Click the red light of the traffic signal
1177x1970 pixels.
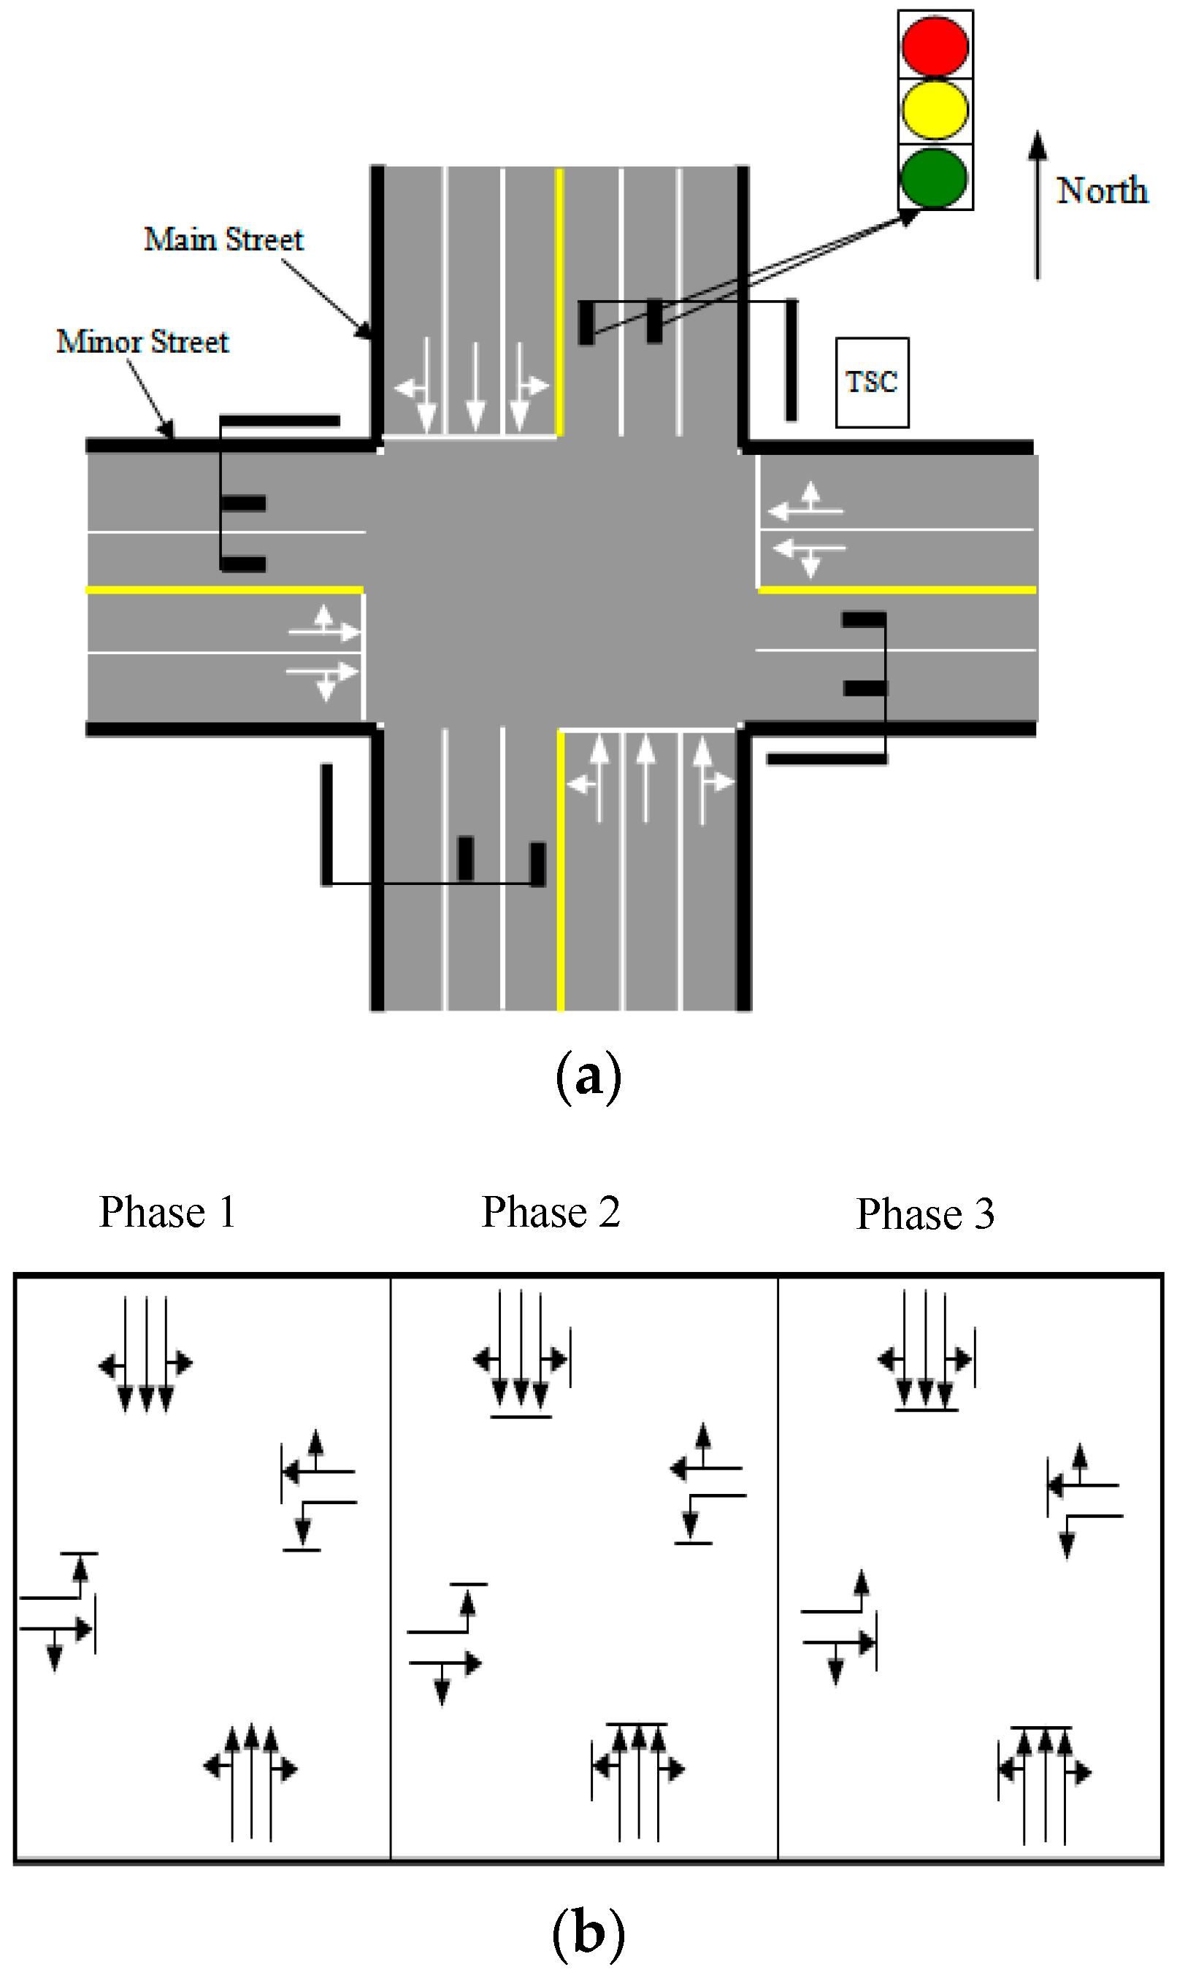point(935,45)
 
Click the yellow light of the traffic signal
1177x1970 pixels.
point(935,110)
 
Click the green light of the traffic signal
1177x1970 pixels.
point(935,177)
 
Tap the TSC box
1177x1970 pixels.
point(872,383)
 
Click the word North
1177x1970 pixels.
point(1102,191)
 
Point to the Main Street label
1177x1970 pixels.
point(223,239)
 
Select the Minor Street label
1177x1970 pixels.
point(143,342)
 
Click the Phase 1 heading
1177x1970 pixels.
point(167,1212)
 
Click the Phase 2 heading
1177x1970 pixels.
point(551,1212)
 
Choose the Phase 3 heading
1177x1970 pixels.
point(925,1214)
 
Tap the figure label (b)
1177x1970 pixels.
point(588,1932)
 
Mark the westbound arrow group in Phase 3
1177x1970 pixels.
point(1084,1499)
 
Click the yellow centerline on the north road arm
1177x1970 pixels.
point(559,302)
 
